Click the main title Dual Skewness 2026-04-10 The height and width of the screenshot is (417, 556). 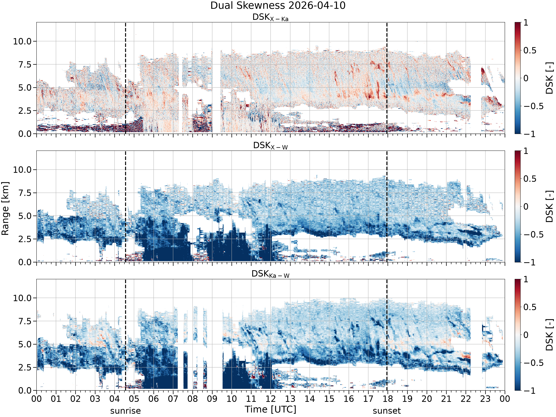pos(278,6)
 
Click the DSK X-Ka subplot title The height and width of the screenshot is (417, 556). pos(270,17)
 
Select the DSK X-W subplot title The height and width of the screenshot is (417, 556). pos(270,146)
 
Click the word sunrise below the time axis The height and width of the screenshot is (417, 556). pos(125,411)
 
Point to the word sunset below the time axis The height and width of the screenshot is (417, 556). pos(387,411)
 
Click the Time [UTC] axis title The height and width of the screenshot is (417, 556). pos(270,409)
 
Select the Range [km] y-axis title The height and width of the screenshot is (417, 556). pos(5,209)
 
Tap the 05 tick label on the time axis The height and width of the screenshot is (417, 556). pos(134,399)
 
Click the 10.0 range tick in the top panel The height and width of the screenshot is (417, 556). pos(22,41)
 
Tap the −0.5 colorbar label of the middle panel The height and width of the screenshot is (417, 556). pos(533,234)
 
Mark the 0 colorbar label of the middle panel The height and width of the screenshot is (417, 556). pos(526,207)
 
